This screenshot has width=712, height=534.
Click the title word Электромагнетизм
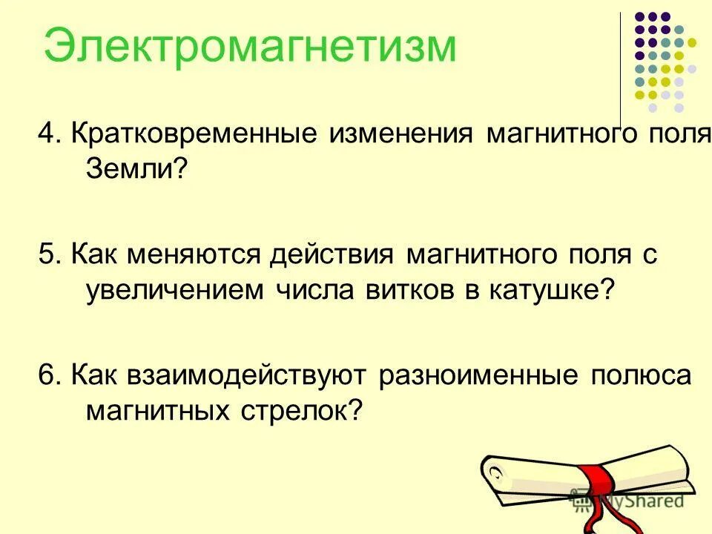(x=250, y=46)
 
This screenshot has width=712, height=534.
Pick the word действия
(x=334, y=255)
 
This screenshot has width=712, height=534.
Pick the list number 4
(x=48, y=135)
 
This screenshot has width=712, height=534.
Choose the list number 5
(x=48, y=255)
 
